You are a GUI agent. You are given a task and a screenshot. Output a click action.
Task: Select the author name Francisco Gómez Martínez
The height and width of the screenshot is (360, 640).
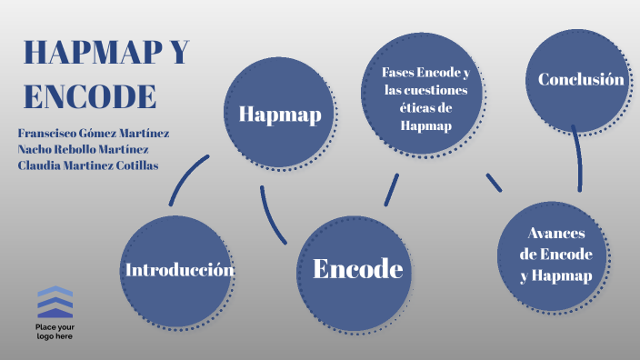click(x=93, y=133)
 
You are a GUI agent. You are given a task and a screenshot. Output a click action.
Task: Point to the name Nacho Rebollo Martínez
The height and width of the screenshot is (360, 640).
click(x=83, y=149)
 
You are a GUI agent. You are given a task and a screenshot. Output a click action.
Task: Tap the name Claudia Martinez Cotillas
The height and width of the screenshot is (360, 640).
click(x=87, y=165)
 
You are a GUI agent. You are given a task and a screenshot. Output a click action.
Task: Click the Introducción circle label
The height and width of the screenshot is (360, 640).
click(x=179, y=270)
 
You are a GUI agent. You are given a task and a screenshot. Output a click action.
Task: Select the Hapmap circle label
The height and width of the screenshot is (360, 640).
click(x=279, y=114)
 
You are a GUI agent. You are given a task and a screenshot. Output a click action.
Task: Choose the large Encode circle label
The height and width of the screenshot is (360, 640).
click(x=357, y=268)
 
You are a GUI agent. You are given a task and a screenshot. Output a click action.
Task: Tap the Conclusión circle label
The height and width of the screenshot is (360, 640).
click(x=581, y=80)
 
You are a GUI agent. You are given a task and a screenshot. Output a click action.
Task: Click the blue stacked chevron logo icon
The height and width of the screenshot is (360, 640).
click(x=55, y=302)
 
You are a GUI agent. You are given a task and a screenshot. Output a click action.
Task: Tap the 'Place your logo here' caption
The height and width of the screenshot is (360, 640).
click(x=55, y=331)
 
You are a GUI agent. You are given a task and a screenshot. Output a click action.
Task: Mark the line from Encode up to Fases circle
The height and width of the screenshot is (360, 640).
click(x=392, y=189)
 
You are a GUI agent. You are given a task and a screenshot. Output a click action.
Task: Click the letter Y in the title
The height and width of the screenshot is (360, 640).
click(x=178, y=54)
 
